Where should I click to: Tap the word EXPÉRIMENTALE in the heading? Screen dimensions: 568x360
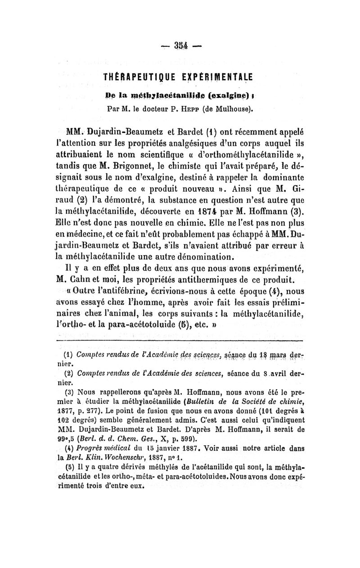[x=213, y=76]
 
